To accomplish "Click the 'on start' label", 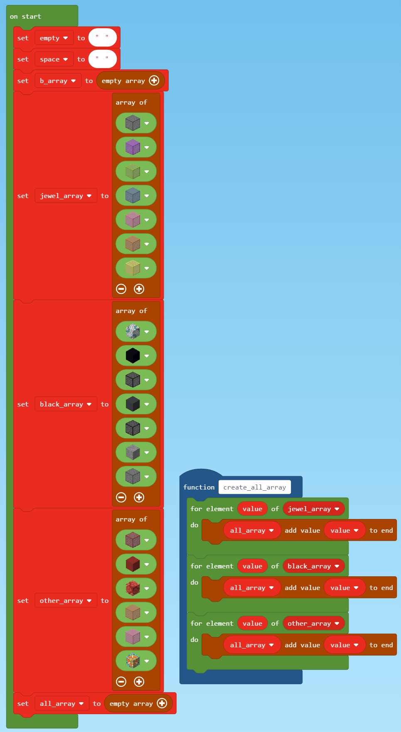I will point(25,17).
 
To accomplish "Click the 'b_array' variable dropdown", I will point(58,81).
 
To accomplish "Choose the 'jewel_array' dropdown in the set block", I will point(66,196).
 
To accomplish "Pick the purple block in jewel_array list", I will point(133,147).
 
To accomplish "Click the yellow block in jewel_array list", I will point(133,268).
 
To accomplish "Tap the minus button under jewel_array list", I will point(121,289).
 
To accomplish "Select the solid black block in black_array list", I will point(133,355).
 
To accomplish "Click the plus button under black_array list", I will point(139,497).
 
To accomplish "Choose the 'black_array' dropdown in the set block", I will point(66,404).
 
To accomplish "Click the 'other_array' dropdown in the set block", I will point(66,601).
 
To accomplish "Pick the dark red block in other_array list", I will point(133,564).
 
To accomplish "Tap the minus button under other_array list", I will point(121,682).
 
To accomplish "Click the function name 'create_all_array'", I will point(255,487).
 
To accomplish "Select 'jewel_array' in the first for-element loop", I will point(313,509).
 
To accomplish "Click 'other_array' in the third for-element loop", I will point(313,624).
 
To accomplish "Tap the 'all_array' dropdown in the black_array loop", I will point(252,588).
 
